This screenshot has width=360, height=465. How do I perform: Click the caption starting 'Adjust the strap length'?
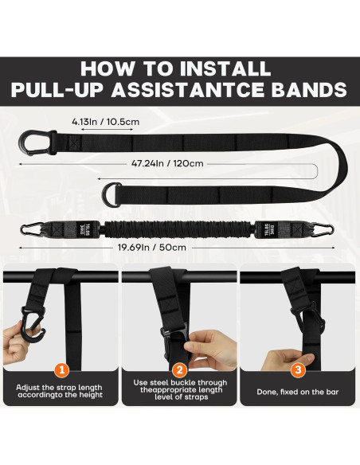[x=61, y=393]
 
